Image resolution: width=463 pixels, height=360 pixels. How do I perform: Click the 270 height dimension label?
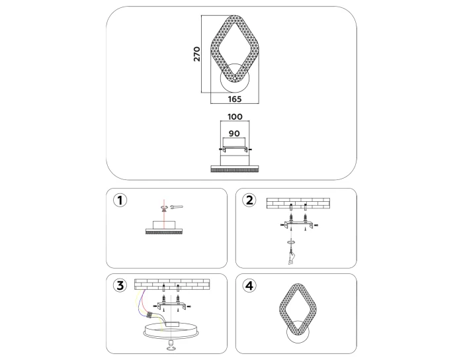point(196,54)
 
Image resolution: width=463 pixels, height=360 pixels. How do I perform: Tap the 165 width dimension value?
point(235,99)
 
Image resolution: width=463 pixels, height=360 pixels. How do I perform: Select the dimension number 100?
point(235,116)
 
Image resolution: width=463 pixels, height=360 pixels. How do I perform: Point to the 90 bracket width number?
point(234,134)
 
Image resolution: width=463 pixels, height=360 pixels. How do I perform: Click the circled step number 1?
point(120,201)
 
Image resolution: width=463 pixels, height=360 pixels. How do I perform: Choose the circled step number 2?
point(249,201)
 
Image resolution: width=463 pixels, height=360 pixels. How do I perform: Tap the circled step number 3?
point(120,286)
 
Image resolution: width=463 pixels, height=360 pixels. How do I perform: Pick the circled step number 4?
point(249,286)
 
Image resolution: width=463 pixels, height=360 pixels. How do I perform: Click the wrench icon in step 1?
point(177,207)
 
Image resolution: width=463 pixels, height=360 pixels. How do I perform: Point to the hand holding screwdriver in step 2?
point(292,257)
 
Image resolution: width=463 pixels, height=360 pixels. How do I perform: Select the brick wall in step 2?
point(298,203)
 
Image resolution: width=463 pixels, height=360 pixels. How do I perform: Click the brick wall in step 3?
point(172,285)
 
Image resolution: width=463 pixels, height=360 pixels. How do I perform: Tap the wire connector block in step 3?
point(150,316)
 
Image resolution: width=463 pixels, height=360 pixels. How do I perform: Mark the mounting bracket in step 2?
point(298,224)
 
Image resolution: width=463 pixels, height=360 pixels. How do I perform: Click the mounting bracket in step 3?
point(172,306)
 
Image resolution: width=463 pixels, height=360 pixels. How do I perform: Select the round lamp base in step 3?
point(171,331)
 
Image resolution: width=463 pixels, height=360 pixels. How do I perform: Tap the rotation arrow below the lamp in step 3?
point(171,349)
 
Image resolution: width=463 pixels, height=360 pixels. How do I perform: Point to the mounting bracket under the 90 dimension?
point(235,149)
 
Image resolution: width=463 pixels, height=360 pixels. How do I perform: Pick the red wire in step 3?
point(143,302)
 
